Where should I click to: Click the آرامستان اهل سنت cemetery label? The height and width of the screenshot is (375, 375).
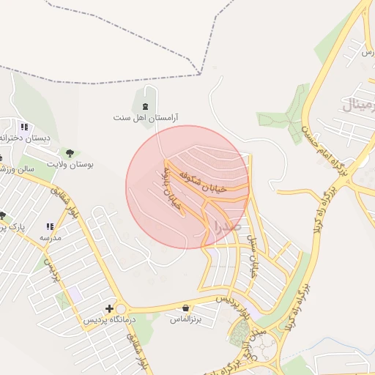click(x=146, y=117)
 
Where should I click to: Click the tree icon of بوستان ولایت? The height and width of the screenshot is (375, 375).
click(x=70, y=153)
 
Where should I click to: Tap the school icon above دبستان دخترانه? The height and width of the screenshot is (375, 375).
click(x=24, y=126)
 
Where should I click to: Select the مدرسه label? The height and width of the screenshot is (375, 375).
click(x=50, y=239)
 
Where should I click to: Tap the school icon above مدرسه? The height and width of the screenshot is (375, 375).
click(x=50, y=227)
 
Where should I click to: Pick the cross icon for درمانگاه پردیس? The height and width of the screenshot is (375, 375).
click(x=110, y=309)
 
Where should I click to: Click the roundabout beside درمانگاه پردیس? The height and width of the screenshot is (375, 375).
click(x=121, y=310)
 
